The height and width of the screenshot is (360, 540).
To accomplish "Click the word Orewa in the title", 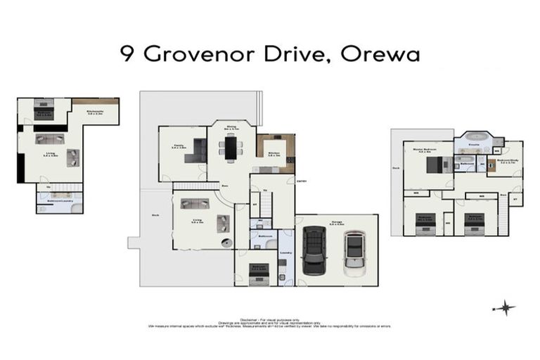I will tap(380, 56).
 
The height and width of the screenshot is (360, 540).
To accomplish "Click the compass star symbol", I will tap(505, 308).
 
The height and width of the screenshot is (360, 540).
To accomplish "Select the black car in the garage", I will tap(314, 252).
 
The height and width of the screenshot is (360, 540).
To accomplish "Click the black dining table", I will tap(231, 147).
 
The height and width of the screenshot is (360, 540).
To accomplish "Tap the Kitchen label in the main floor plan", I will tap(274, 153).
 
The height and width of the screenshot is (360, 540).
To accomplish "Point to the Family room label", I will tap(179, 146).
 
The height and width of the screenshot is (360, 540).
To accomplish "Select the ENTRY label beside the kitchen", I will tap(301, 180).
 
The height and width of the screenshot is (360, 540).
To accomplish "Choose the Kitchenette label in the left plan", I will tap(95, 111).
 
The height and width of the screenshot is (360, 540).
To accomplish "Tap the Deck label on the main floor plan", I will tap(153, 215).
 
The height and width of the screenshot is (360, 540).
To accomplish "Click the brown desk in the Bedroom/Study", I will tap(491, 166).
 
